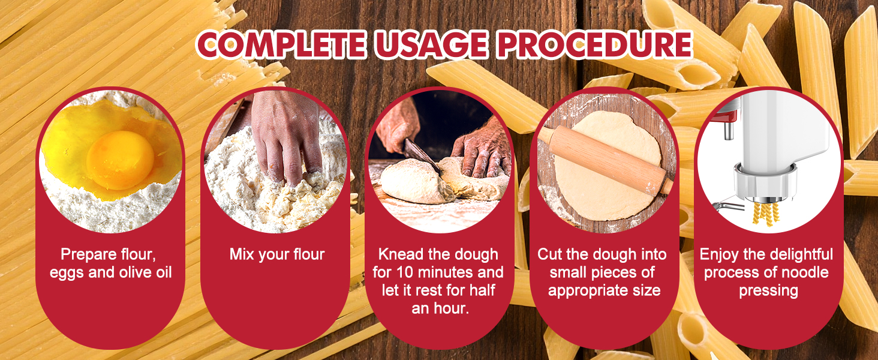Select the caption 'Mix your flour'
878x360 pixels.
tap(276, 254)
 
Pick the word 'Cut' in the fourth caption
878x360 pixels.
tap(549, 254)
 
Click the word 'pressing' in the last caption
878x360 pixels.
tap(768, 291)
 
